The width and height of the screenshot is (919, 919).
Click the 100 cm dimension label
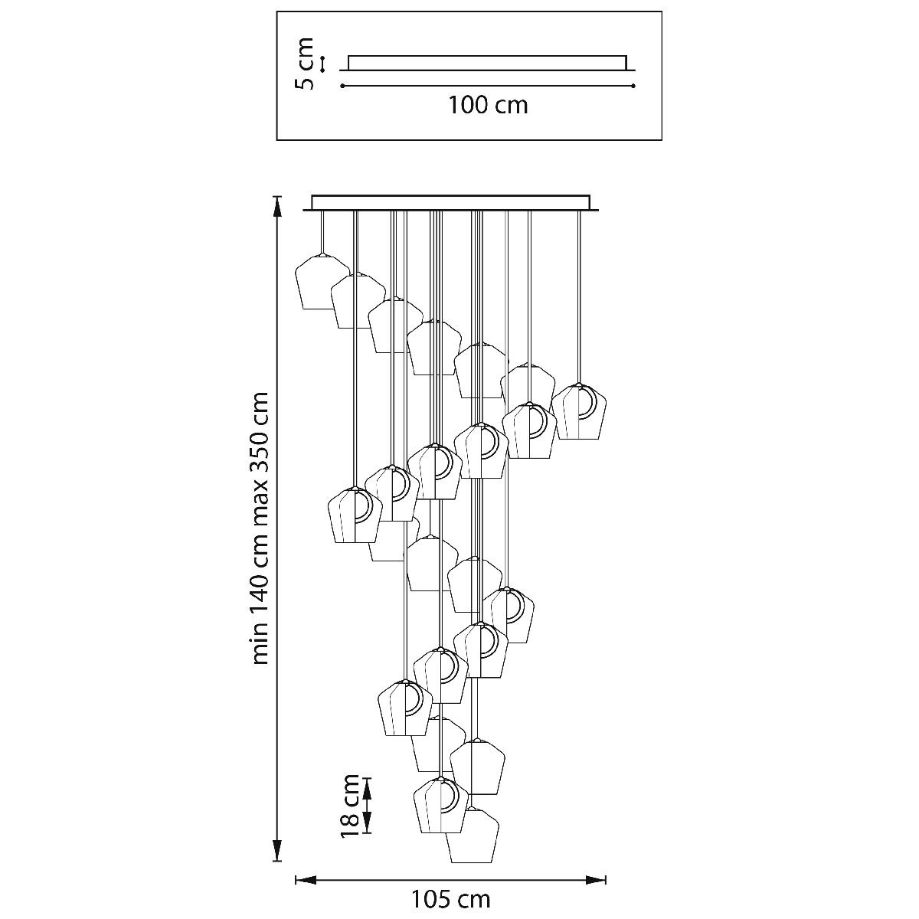click(x=488, y=104)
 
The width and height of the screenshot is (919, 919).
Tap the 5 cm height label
click(x=306, y=63)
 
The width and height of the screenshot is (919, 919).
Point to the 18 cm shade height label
click(x=351, y=805)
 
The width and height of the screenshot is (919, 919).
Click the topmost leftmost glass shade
click(x=322, y=282)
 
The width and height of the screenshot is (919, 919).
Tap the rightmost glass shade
click(x=580, y=413)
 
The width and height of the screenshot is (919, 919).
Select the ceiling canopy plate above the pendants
click(x=452, y=202)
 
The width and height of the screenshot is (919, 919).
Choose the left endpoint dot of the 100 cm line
click(x=342, y=87)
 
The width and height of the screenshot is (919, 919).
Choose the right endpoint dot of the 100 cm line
click(x=633, y=87)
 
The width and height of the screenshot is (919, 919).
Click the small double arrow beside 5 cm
click(x=323, y=64)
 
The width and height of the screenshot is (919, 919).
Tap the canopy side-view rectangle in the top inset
click(x=487, y=62)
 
